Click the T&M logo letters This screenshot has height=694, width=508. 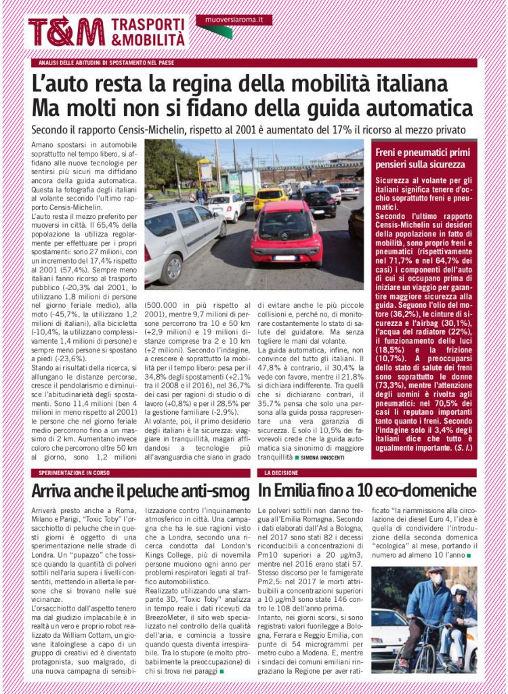point(66,32)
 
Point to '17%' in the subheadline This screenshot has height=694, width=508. point(322,129)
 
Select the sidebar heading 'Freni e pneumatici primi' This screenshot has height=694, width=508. point(421,153)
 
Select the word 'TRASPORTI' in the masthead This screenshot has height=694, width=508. point(148,24)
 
